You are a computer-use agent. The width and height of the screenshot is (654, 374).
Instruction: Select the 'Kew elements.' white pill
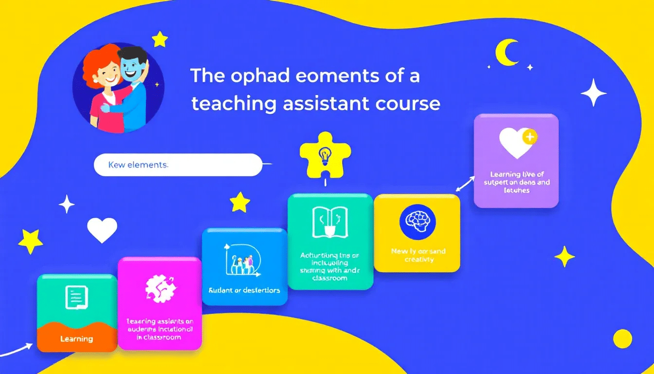tap(178, 165)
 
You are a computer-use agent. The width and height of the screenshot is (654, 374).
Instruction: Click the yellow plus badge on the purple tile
tap(529, 137)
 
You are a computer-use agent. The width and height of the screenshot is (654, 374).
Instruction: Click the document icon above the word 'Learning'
tap(76, 297)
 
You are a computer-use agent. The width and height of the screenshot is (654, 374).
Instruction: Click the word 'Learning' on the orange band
tap(76, 338)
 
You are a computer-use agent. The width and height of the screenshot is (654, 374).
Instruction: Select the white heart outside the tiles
tap(102, 229)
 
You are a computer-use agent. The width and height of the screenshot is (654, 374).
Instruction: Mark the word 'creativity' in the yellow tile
tap(418, 260)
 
